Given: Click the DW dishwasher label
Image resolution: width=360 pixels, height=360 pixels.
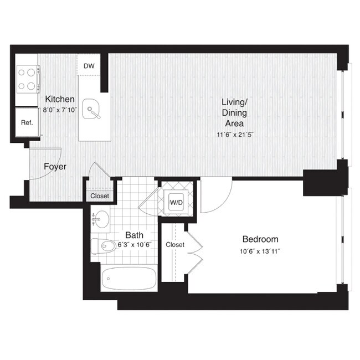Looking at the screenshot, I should click(89, 66).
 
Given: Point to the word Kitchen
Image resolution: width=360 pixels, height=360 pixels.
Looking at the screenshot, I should click(60, 99).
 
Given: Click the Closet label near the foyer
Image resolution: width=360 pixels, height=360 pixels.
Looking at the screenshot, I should click(100, 196).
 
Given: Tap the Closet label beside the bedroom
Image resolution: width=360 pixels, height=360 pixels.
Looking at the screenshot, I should click(175, 244).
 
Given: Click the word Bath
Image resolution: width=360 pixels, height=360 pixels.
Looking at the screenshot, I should click(135, 235).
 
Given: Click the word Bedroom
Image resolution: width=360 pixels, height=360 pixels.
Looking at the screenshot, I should click(260, 239).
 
